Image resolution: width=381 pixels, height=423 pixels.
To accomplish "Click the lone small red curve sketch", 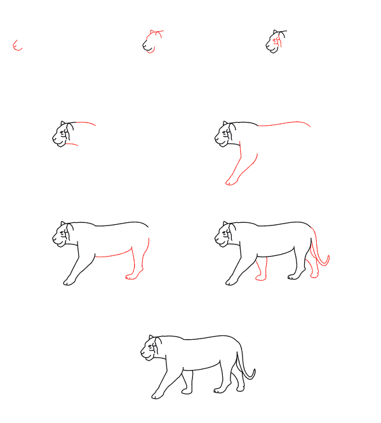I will point(17,46).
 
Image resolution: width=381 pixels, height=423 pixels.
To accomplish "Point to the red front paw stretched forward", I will point(231,182).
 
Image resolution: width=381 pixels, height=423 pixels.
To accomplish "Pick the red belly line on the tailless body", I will point(114,255).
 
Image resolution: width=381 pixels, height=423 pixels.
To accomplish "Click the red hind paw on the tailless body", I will point(133,276).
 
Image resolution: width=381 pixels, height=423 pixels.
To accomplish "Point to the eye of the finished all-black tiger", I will point(150,346).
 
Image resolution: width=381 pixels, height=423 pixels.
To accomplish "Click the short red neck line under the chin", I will point(72,145).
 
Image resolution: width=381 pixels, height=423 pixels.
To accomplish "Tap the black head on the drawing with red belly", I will point(62,235).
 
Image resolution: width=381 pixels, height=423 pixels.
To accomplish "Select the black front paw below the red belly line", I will point(68,281).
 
